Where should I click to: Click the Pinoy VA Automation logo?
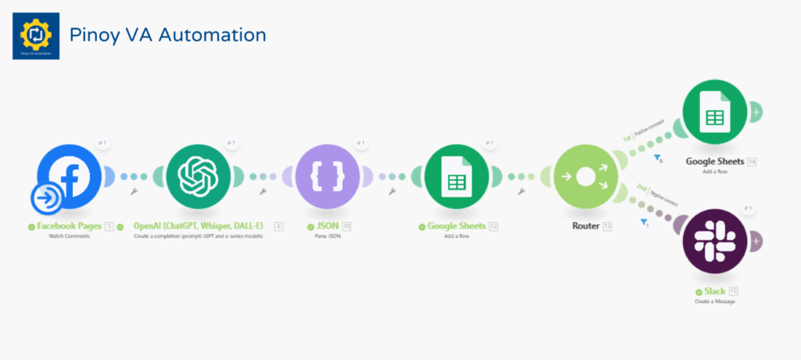[36, 35]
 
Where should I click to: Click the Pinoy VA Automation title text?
[167, 35]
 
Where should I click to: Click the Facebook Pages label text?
[70, 226]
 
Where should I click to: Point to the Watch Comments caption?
[70, 236]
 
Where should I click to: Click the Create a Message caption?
[714, 301]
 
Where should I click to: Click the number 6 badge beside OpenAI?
[279, 226]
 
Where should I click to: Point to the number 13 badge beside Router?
[607, 226]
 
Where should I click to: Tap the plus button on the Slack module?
[756, 241]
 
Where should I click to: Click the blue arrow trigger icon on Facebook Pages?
[48, 199]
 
